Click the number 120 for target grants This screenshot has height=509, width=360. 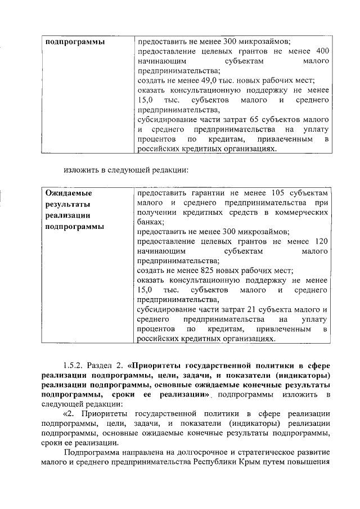[x=320, y=241]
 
